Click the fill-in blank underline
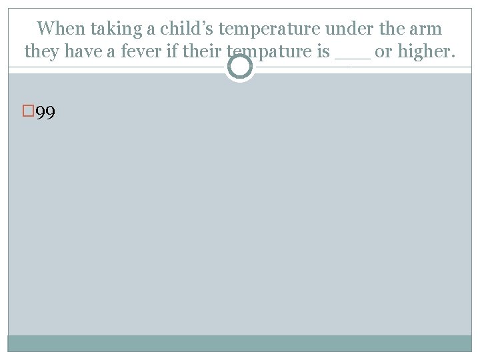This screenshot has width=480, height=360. click(x=352, y=58)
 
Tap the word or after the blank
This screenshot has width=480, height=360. click(x=382, y=52)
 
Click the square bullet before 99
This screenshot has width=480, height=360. click(x=27, y=111)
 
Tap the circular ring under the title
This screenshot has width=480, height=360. click(x=239, y=67)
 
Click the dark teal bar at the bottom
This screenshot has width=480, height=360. click(x=240, y=343)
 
